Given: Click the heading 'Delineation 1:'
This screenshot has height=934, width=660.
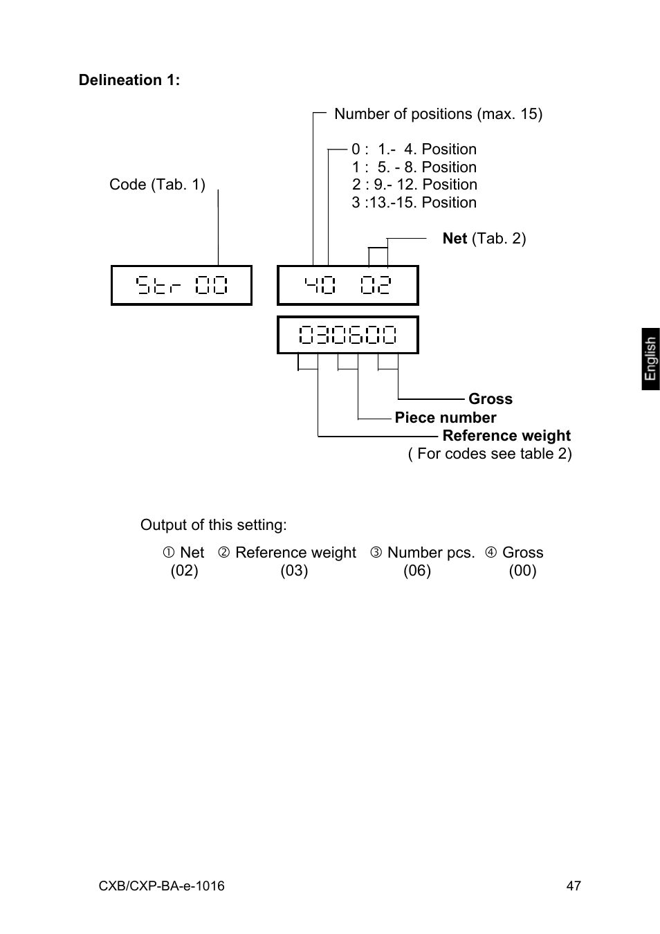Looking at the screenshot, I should pyautogui.click(x=129, y=80).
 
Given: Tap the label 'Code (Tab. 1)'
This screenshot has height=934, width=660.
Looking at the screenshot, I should pyautogui.click(x=157, y=185).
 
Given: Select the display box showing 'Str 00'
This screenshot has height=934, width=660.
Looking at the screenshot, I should pyautogui.click(x=181, y=285).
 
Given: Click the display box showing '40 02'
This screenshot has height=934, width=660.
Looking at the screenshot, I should pyautogui.click(x=347, y=285).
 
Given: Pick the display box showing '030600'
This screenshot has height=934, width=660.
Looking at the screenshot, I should pyautogui.click(x=347, y=335).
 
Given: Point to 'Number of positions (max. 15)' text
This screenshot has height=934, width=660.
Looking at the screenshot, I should pyautogui.click(x=438, y=114).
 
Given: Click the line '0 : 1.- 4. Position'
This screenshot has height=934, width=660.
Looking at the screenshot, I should pyautogui.click(x=414, y=149).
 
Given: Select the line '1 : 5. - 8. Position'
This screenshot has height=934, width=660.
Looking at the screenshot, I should pyautogui.click(x=414, y=167).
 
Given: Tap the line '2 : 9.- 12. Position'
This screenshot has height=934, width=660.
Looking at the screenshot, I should pyautogui.click(x=414, y=185).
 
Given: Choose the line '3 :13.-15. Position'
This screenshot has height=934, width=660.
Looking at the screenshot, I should pyautogui.click(x=414, y=203).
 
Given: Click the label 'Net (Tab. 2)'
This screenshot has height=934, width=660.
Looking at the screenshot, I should pyautogui.click(x=484, y=239).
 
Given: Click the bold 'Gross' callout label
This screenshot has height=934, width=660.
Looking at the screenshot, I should pyautogui.click(x=491, y=399).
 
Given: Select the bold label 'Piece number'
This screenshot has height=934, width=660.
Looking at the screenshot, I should pyautogui.click(x=446, y=418).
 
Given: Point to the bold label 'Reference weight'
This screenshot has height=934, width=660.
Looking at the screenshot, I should pyautogui.click(x=506, y=436).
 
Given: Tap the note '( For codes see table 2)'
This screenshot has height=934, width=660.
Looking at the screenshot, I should pyautogui.click(x=490, y=454).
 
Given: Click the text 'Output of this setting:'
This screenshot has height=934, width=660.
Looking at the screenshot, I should pyautogui.click(x=213, y=525).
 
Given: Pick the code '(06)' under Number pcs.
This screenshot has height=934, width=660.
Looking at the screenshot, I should pyautogui.click(x=417, y=571).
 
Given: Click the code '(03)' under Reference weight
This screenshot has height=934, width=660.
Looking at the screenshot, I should pyautogui.click(x=294, y=571).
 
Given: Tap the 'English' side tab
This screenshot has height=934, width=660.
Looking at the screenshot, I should pyautogui.click(x=650, y=359).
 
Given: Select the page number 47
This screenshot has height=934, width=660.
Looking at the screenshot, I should pyautogui.click(x=574, y=886).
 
